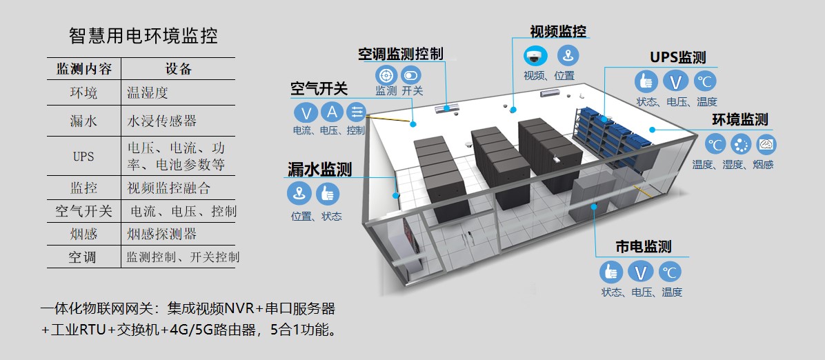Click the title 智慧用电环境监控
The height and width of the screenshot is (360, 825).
[143, 35]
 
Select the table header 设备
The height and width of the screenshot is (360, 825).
[179, 69]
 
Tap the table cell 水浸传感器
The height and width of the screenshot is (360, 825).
[162, 121]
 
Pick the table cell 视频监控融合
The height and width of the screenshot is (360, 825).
[169, 187]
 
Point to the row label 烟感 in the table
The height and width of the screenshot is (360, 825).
[83, 234]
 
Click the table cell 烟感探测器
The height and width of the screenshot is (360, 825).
[162, 234]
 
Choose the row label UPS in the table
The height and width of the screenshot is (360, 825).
[83, 157]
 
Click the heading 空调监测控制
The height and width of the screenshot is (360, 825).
[400, 54]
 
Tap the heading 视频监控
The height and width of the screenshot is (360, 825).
[558, 32]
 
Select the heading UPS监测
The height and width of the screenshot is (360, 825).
[677, 57]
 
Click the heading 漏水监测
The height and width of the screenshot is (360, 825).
[319, 169]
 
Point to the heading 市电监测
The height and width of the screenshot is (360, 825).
[643, 246]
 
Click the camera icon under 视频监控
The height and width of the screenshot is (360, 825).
[535, 55]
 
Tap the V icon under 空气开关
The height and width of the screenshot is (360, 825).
[305, 112]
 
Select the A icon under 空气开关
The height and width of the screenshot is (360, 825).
[332, 112]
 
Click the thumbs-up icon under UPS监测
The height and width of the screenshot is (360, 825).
[646, 81]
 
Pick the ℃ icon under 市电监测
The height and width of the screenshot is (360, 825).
[669, 271]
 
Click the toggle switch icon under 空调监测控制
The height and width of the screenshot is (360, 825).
[411, 74]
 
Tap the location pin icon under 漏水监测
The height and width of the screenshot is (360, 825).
[299, 194]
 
